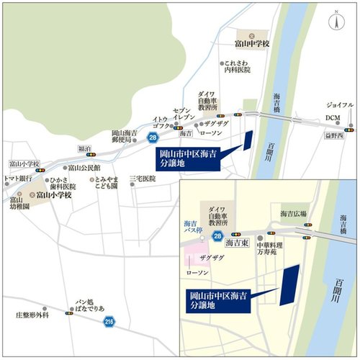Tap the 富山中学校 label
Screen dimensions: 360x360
[x=251, y=45]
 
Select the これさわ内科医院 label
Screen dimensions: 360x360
[x=238, y=66]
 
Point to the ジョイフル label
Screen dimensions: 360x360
[x=340, y=105]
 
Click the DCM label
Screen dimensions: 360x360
[x=332, y=118]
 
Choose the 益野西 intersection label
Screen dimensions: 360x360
[x=333, y=135]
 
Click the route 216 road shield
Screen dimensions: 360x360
[x=108, y=321]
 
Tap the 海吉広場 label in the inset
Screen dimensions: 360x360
[x=294, y=214]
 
